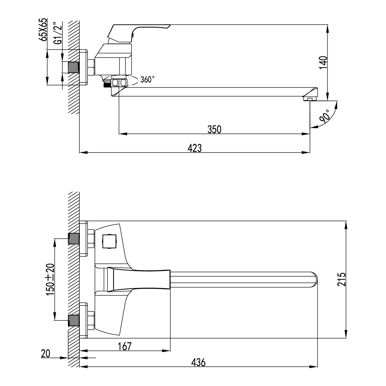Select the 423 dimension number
195,148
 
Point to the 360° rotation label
147,79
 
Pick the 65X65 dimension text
42,30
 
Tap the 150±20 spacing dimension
51,279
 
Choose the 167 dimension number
125,346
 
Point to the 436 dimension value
198,362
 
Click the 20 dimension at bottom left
46,354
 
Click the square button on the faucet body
109,241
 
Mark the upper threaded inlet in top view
74,238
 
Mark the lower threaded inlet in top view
74,320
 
